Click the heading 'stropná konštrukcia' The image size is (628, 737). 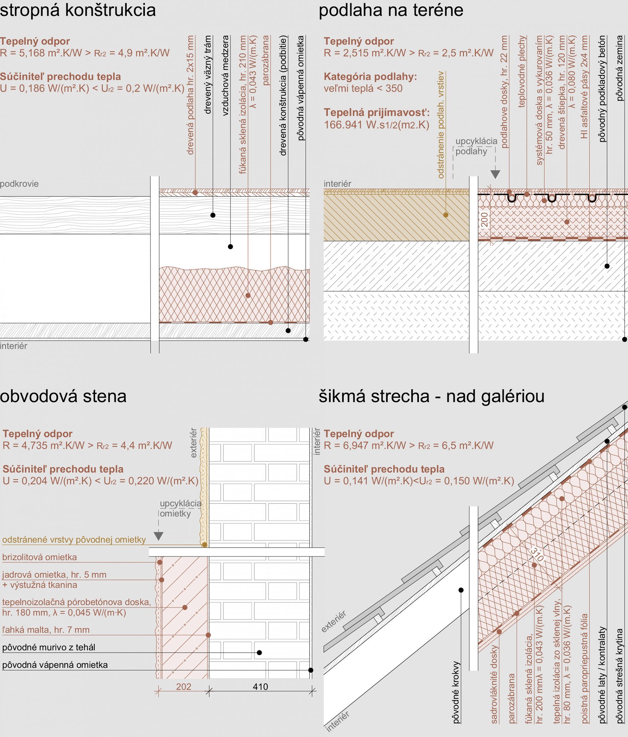tap(78, 10)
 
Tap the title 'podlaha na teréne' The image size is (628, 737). tap(391, 10)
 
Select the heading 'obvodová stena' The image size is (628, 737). tap(63, 396)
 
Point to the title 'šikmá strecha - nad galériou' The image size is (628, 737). tap(431, 396)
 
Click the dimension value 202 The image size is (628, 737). tap(184, 687)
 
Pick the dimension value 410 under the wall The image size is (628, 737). tap(260, 687)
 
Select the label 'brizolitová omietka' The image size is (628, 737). tap(40, 557)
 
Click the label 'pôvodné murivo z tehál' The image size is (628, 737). tap(49, 647)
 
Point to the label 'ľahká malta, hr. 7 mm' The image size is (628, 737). tap(46, 630)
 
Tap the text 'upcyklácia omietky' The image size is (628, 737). tap(180, 508)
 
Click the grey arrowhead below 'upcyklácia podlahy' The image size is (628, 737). tap(495, 174)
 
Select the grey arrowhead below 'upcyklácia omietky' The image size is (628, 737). tap(159, 536)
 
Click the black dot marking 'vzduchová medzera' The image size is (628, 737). tap(230, 246)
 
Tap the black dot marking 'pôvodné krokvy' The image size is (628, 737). tap(461, 590)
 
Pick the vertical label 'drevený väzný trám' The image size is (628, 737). tap(208, 75)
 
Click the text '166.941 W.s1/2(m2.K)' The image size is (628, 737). tap(377, 125)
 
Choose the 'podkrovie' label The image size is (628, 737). tap(19, 184)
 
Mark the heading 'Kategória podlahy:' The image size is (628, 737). tap(370, 77)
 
